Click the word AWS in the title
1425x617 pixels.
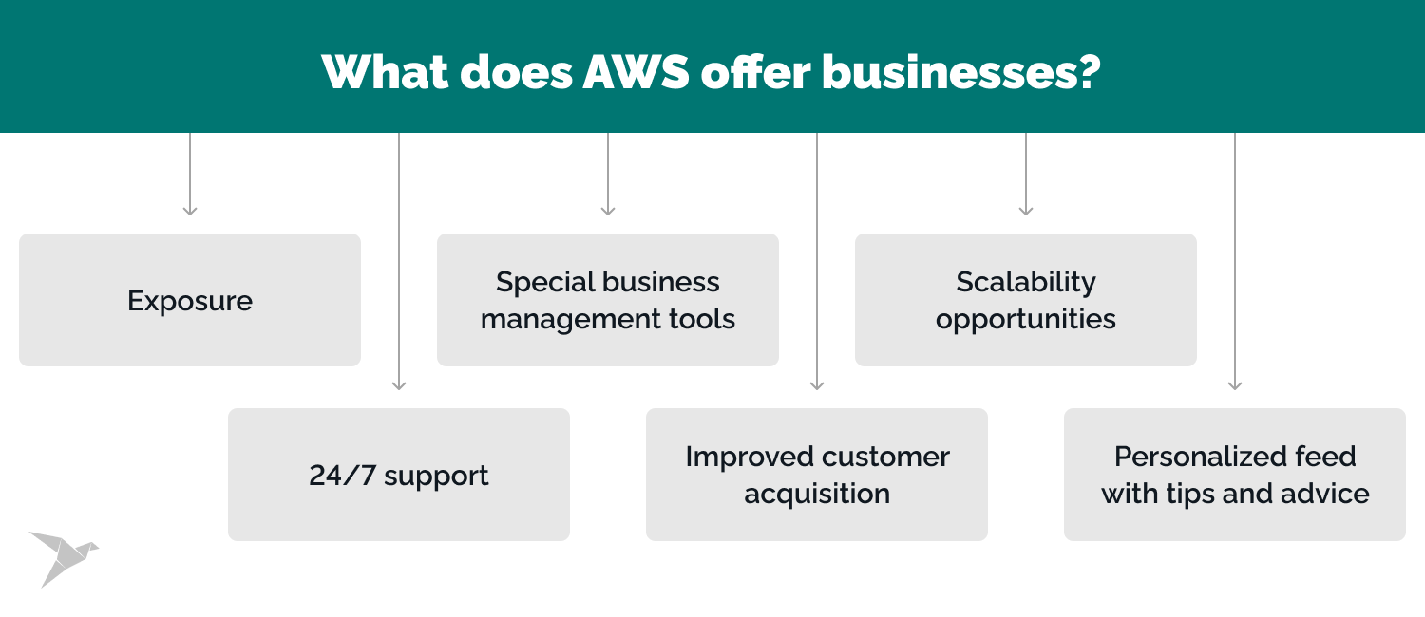pos(636,71)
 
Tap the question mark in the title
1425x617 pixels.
pos(1090,71)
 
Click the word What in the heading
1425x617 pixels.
pos(385,71)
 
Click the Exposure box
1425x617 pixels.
pos(190,300)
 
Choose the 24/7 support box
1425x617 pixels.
pos(399,475)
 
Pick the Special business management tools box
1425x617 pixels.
pos(608,300)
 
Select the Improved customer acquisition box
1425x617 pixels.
pos(817,475)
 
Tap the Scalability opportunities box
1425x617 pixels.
pos(1026,300)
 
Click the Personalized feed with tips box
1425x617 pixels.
pos(1235,475)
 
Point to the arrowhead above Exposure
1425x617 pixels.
pos(190,210)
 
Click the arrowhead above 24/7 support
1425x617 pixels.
pos(399,384)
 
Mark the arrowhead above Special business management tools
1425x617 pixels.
pos(608,210)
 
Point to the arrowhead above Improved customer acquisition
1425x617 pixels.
pos(817,384)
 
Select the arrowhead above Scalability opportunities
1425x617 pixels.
pos(1026,210)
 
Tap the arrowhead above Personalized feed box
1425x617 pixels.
pos(1235,384)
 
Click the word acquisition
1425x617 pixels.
pos(817,494)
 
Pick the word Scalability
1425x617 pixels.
pos(1026,282)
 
